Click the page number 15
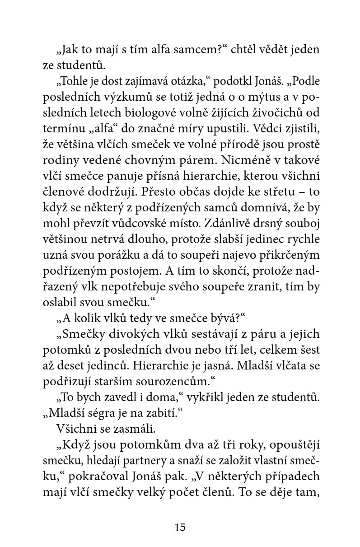point(180,528)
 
